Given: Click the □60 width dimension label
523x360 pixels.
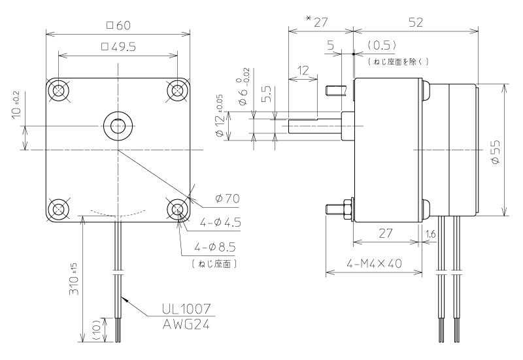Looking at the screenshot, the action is point(118,25).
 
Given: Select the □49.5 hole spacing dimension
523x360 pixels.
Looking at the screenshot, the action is point(118,46).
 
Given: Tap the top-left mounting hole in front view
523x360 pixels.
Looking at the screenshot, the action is point(59,90).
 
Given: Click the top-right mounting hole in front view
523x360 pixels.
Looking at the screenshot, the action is point(177,90).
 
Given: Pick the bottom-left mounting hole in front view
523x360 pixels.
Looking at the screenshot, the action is point(59,209).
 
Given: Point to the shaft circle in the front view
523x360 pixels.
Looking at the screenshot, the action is point(118,125).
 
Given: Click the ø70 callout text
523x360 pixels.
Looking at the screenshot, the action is point(228,199).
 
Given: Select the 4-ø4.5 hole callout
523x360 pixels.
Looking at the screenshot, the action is point(220,222).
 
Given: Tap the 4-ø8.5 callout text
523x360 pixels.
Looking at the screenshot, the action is point(215,248).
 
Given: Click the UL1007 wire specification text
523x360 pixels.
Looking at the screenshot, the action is point(186,309).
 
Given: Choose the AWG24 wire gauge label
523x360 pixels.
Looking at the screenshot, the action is point(186,324).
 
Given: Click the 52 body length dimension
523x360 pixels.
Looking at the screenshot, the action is point(416,22).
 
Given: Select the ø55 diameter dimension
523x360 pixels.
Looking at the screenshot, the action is point(496,152).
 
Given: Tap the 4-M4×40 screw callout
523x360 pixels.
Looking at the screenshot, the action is point(374,264).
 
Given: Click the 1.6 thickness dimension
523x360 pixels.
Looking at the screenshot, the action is point(431,235).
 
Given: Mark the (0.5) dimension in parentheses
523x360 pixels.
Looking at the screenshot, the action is point(382,45).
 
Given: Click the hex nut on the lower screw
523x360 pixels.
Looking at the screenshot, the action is point(347,209).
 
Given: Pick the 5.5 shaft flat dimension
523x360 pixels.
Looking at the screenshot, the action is point(269,94).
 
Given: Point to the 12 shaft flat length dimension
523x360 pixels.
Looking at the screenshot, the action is point(303,71).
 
